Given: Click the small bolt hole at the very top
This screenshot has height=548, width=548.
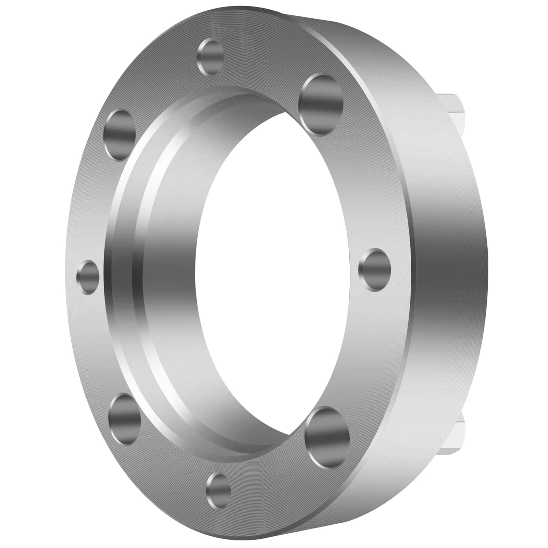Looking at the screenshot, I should [211, 57].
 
